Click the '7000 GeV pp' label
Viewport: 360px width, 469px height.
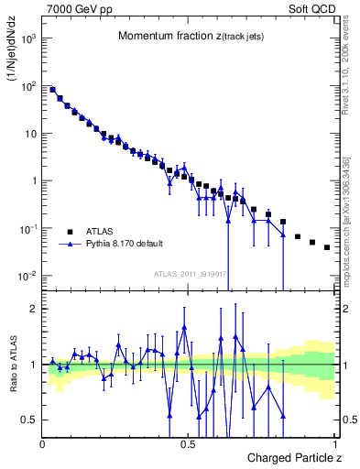click(74, 8)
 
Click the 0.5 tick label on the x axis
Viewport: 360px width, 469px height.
click(188, 442)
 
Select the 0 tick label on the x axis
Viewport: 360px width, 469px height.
click(43, 442)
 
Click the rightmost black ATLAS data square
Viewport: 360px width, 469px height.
click(327, 247)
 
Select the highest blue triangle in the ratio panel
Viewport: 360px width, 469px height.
click(184, 327)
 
